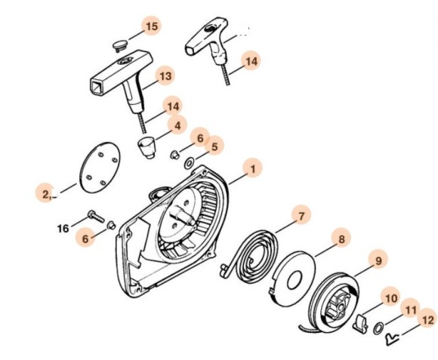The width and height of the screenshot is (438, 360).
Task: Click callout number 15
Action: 152,26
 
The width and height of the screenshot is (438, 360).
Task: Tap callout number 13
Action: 165,75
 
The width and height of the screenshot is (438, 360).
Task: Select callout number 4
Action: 177,125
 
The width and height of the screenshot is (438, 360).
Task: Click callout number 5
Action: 214,146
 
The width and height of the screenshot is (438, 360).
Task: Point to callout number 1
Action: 253,169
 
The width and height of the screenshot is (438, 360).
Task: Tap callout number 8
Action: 341,239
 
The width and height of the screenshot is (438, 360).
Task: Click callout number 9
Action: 378,260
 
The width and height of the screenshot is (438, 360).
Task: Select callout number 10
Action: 391,298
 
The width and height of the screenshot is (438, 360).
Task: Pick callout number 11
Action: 411,309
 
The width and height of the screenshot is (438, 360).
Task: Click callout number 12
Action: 427,320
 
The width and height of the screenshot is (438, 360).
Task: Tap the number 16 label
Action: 63,229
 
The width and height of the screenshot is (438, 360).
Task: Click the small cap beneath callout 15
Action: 120,45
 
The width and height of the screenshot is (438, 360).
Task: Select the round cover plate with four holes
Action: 100,168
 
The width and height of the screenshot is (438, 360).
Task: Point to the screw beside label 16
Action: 96,217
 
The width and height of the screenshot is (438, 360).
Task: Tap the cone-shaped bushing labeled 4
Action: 147,147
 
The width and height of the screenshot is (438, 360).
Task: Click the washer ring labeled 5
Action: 190,163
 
